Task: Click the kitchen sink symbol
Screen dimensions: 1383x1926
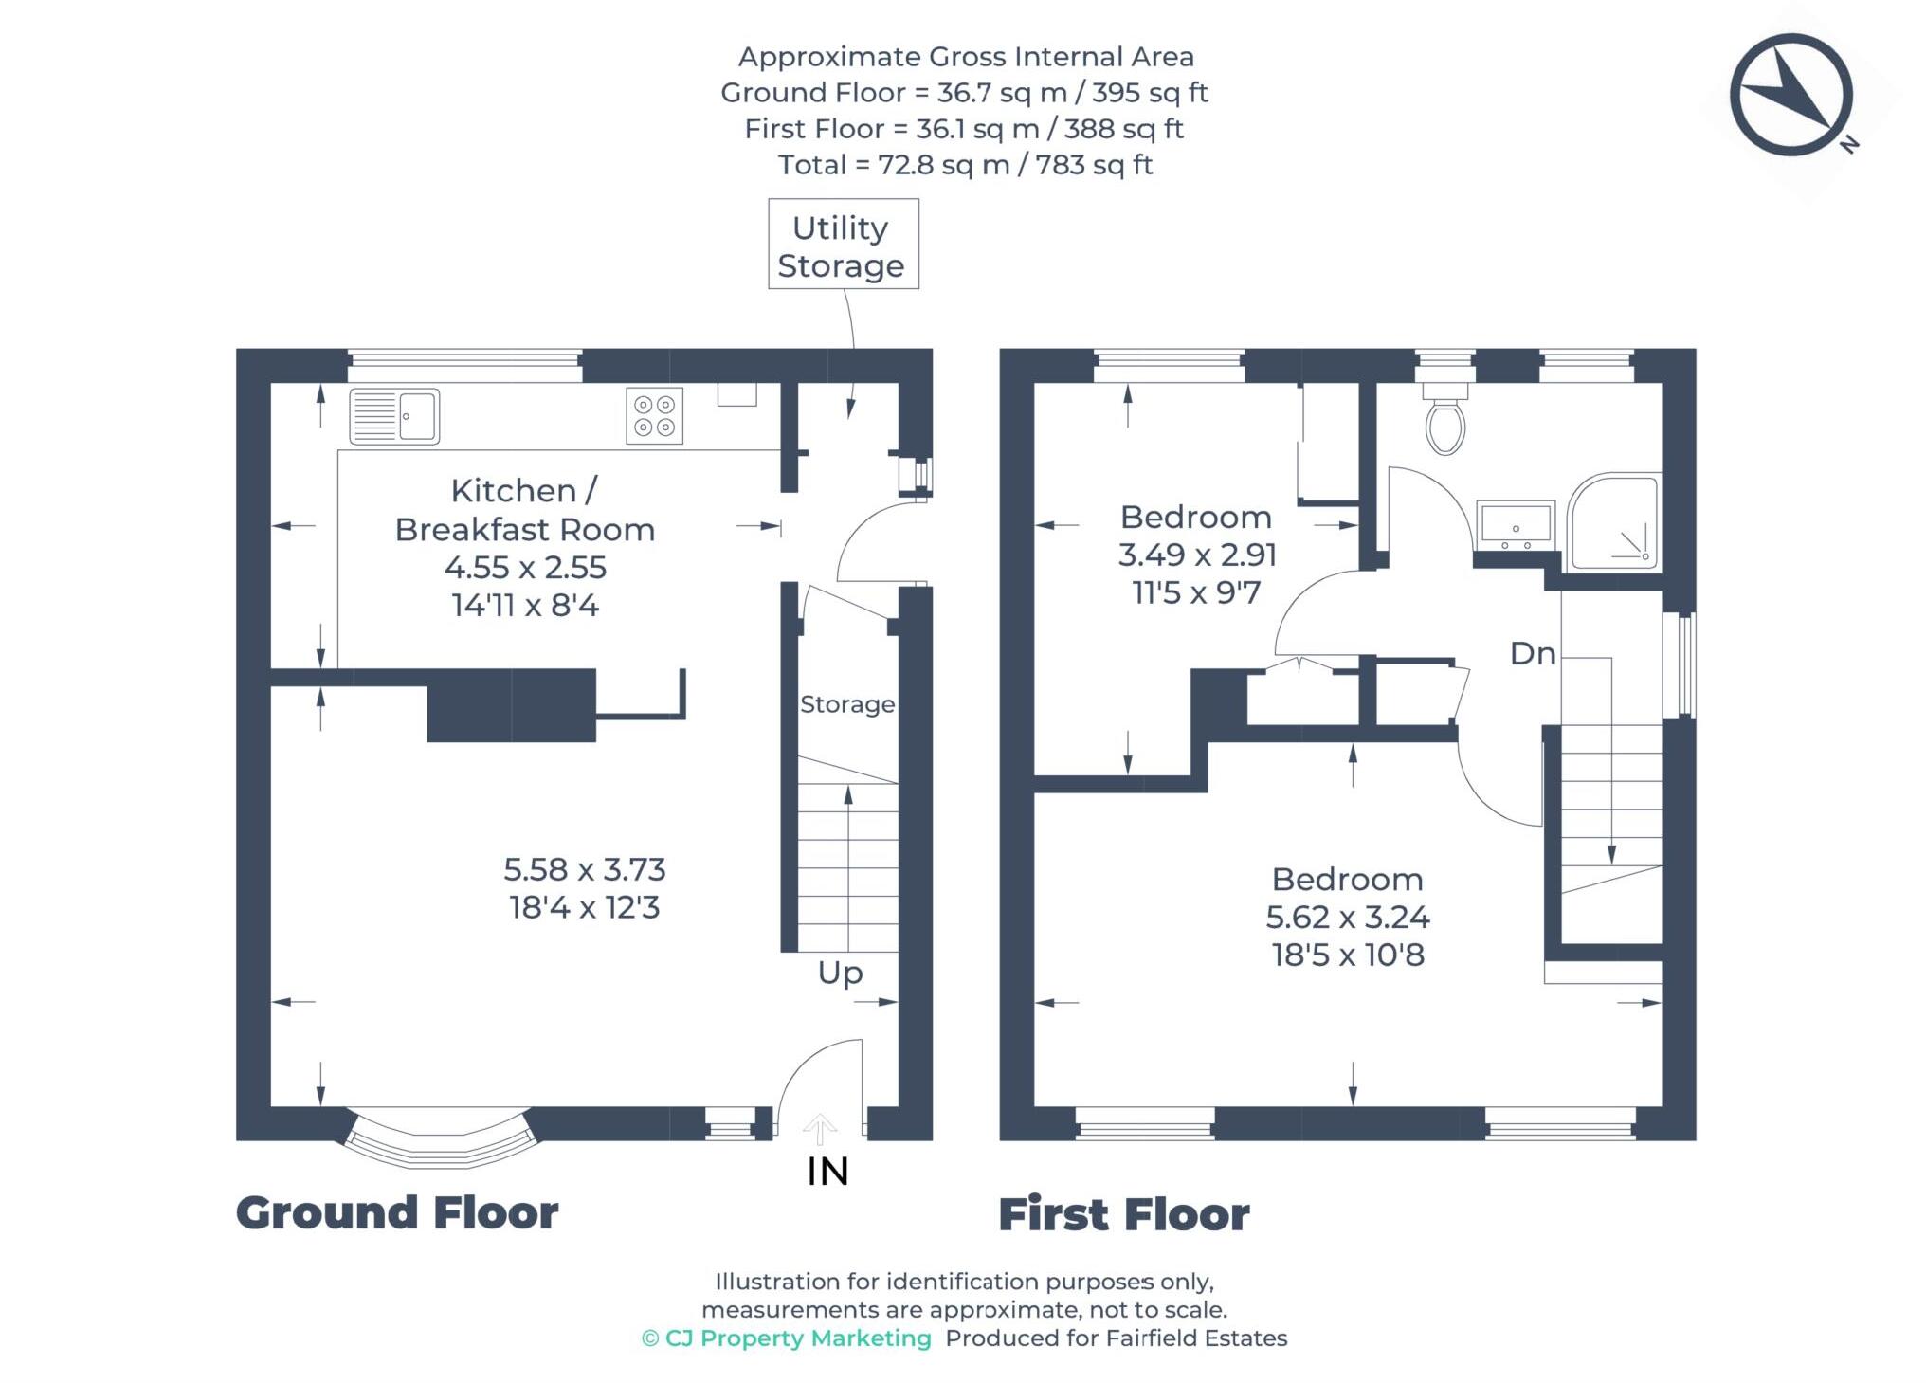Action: click(x=394, y=416)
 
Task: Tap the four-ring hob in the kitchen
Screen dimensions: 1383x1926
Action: click(x=654, y=416)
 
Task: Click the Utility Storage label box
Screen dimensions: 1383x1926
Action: click(x=843, y=245)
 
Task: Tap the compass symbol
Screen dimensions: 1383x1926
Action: click(x=1790, y=95)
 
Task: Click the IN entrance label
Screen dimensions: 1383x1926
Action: click(x=827, y=1173)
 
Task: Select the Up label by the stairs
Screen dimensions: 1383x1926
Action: click(x=840, y=974)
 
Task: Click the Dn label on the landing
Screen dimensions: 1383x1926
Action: click(x=1533, y=653)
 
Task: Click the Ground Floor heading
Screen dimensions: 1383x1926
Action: click(x=397, y=1212)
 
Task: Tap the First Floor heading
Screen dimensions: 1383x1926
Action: click(x=1124, y=1214)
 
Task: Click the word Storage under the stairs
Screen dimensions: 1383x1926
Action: click(x=846, y=704)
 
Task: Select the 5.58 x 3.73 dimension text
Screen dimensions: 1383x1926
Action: click(x=584, y=869)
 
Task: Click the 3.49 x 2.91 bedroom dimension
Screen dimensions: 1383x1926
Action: click(x=1197, y=555)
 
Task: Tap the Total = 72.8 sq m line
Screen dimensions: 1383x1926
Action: click(x=965, y=165)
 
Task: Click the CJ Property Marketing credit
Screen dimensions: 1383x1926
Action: click(x=787, y=1338)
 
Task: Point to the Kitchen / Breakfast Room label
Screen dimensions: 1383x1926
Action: click(x=524, y=510)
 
